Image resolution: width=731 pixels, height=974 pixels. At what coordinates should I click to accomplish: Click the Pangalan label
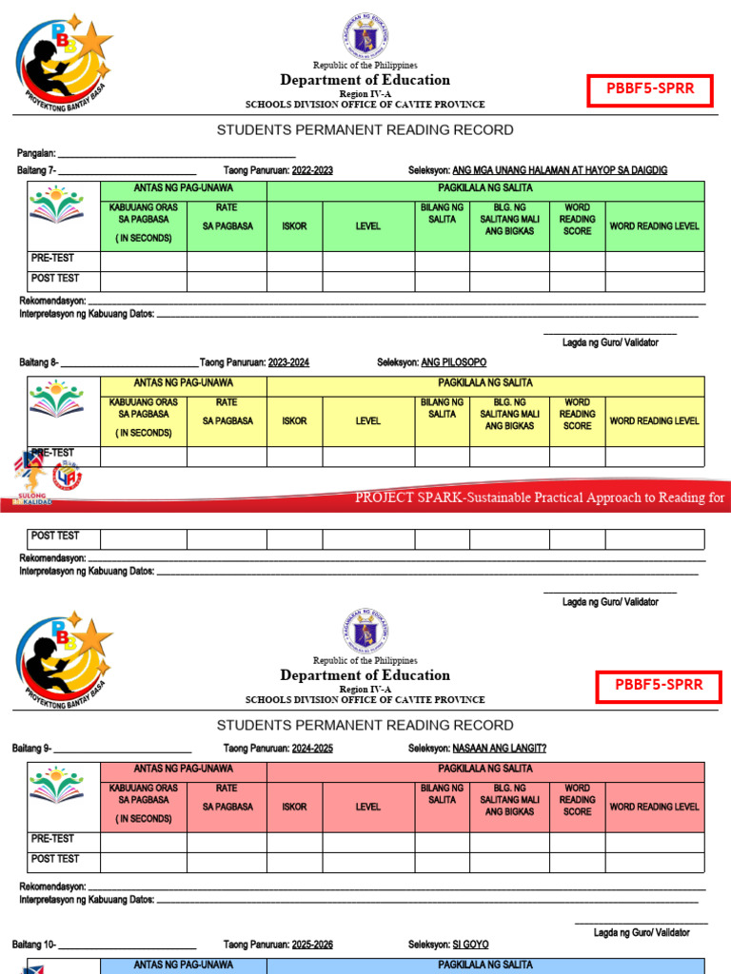(x=36, y=153)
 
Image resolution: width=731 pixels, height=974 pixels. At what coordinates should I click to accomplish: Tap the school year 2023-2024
(x=288, y=362)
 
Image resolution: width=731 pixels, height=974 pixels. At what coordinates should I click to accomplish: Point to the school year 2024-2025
(x=312, y=749)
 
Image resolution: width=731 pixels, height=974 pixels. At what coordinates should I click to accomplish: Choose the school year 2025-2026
(x=312, y=945)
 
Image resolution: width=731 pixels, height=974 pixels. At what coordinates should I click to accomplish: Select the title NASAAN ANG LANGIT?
(x=500, y=749)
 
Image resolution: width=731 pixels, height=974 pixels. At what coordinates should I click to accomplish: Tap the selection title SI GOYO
(x=470, y=945)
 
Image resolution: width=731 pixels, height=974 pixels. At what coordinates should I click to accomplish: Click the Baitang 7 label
(x=35, y=170)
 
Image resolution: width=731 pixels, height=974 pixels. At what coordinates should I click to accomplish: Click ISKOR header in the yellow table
(x=294, y=420)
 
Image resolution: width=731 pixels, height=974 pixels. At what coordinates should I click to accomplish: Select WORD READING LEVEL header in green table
(x=654, y=226)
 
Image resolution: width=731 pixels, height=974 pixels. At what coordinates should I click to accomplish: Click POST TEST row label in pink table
(x=55, y=859)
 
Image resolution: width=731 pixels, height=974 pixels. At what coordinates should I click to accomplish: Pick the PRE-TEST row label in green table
(x=52, y=258)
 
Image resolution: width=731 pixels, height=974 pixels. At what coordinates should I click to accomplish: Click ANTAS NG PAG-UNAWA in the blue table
(x=183, y=964)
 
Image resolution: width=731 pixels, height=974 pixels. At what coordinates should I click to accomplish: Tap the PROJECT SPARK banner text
(x=539, y=497)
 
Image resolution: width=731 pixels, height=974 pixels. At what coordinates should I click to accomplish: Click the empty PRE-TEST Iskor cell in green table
(x=294, y=262)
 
